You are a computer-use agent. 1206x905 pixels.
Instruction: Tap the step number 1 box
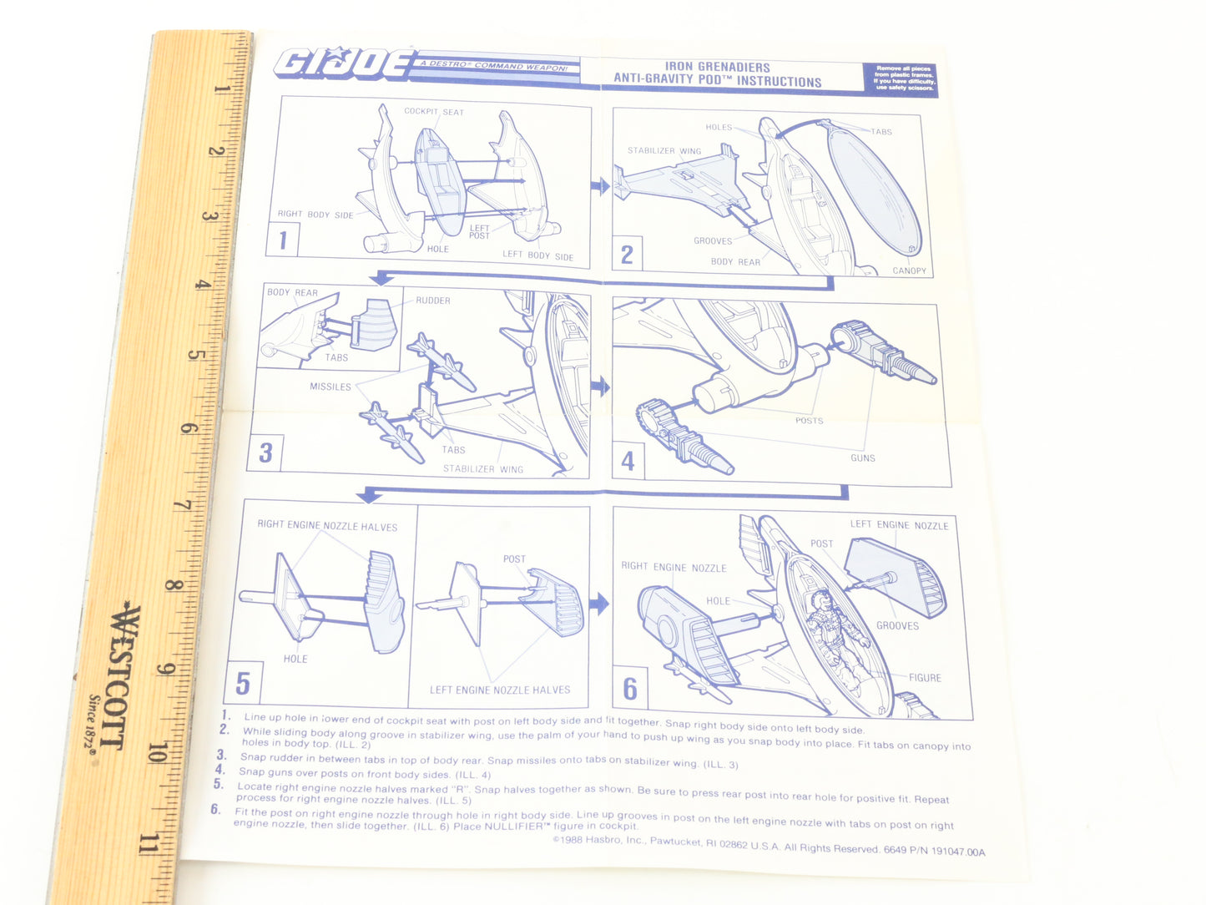tap(284, 240)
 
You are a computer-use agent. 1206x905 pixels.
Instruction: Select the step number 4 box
tap(628, 460)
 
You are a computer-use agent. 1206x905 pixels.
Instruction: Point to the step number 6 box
tap(630, 689)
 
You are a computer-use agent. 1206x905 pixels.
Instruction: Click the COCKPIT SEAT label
tap(434, 112)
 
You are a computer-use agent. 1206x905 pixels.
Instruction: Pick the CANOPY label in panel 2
tap(909, 270)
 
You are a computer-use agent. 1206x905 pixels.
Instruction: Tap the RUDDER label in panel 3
tap(433, 301)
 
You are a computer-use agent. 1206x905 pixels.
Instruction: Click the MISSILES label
tap(331, 387)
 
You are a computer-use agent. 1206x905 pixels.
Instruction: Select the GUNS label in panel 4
tap(863, 458)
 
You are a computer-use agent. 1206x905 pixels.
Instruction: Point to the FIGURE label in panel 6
tap(925, 678)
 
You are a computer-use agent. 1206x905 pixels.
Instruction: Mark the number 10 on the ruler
tap(155, 753)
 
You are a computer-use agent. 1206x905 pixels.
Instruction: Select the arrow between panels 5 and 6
tap(598, 604)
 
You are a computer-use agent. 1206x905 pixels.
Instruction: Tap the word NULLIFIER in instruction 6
tap(512, 827)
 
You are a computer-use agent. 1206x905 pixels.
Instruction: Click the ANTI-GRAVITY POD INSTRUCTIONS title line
tap(718, 81)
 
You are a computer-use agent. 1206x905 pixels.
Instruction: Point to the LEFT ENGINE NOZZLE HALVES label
tap(500, 690)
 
